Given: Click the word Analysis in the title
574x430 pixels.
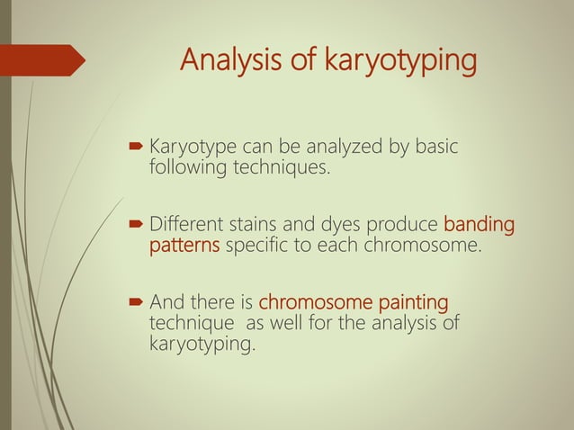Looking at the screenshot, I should [x=226, y=60].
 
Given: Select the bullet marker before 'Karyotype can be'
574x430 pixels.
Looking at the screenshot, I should [x=135, y=146].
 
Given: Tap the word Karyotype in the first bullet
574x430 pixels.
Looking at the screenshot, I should [x=192, y=146].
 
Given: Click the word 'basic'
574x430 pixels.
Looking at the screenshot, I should [x=436, y=146].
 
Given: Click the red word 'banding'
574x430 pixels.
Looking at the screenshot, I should [x=479, y=224].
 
